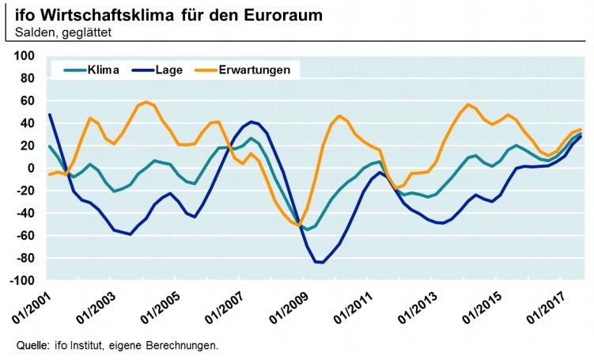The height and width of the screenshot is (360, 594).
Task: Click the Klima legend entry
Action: tap(104, 70)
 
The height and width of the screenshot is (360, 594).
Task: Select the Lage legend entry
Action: tap(169, 70)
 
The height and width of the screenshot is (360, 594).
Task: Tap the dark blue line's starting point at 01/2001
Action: tap(49, 115)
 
